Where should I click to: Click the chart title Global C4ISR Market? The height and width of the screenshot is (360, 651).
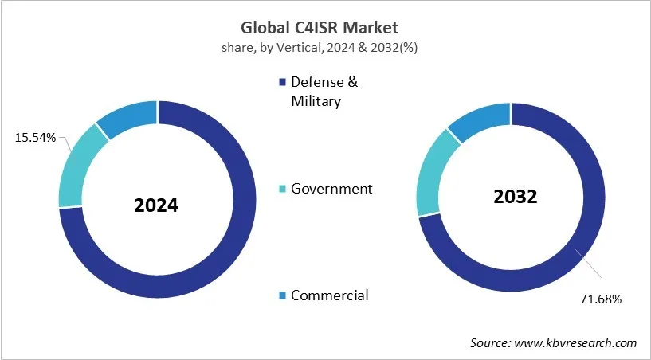325,29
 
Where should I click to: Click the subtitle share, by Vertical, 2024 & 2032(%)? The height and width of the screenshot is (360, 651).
325,47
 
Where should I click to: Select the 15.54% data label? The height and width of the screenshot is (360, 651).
35,138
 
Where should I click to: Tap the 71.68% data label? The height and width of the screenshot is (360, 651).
597,299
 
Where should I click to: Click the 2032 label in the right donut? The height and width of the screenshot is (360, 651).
514,197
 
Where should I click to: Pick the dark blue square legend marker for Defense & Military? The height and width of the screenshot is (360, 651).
280,83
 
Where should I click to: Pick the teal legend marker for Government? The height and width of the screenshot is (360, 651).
280,190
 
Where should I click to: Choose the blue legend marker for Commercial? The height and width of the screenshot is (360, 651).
280,296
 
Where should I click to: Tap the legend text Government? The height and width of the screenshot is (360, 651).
331,189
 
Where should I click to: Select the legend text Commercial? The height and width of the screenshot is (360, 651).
329,295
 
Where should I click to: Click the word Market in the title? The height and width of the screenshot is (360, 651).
373,29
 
